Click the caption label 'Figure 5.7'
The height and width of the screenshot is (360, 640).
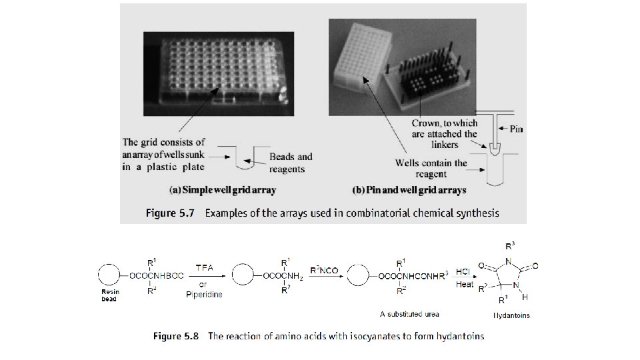169,214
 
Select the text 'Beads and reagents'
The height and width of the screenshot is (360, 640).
291,163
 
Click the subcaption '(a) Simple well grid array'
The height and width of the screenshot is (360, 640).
223,191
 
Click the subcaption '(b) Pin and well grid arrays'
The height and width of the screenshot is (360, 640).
411,191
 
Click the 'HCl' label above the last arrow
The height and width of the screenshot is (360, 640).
465,272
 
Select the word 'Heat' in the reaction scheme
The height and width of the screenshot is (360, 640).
465,285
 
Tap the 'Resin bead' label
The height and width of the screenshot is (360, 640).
110,296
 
